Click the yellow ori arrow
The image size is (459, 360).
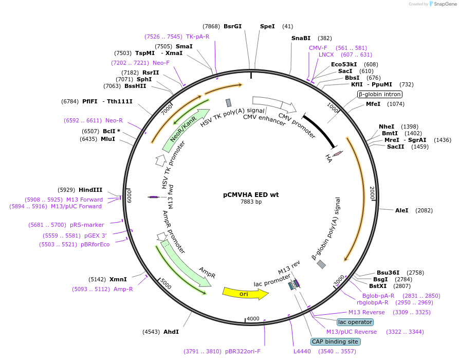point(245,293)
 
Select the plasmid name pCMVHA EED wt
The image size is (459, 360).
point(251,195)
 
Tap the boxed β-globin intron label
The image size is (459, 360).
point(380,94)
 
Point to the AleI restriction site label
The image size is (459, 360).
point(401,210)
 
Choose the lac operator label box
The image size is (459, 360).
point(355,322)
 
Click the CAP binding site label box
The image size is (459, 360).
point(335,341)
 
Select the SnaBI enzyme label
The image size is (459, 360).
point(301,38)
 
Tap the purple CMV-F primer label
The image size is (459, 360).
point(318,48)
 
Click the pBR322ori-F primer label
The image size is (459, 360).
point(243,351)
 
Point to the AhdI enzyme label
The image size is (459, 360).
point(171,332)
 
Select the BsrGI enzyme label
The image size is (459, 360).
point(232,26)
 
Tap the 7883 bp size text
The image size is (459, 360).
point(251,202)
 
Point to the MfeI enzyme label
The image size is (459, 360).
point(373,104)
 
